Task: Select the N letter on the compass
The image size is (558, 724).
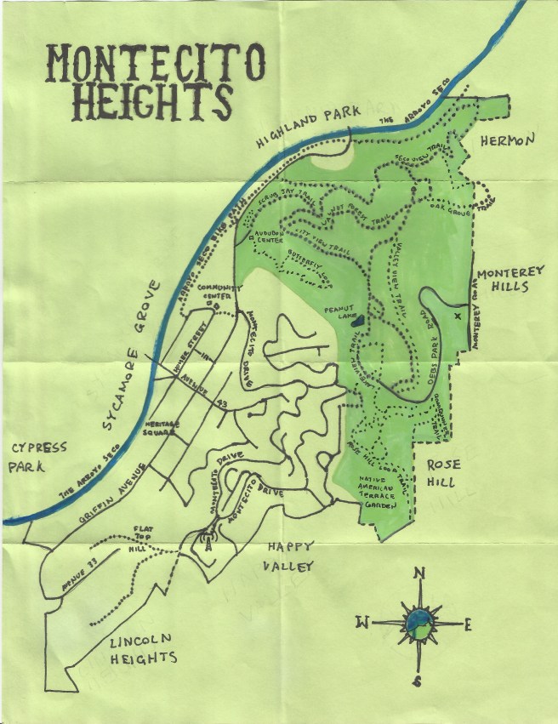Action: [418, 573]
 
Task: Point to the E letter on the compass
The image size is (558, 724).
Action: [468, 625]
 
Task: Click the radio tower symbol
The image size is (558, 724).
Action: [204, 542]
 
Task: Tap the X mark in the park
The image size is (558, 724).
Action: [458, 316]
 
